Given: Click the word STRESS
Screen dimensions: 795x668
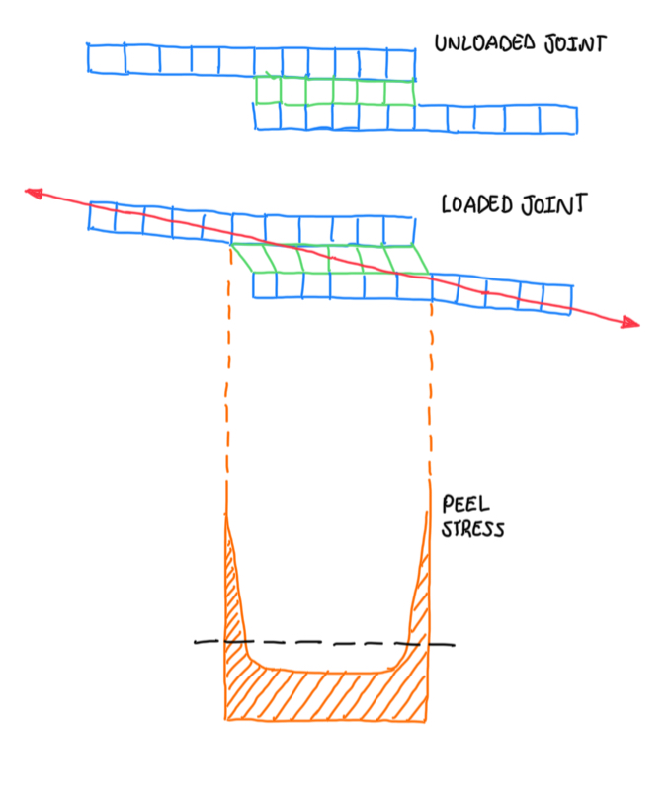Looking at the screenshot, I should [x=473, y=530].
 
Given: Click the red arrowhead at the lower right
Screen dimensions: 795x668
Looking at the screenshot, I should [x=629, y=322].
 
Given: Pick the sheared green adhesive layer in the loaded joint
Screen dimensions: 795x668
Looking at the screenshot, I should [x=326, y=259].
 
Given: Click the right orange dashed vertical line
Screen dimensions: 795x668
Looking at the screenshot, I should [x=431, y=395].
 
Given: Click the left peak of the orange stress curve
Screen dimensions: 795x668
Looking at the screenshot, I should [x=228, y=518].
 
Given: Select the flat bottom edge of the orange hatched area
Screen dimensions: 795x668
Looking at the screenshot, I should [x=326, y=718].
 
